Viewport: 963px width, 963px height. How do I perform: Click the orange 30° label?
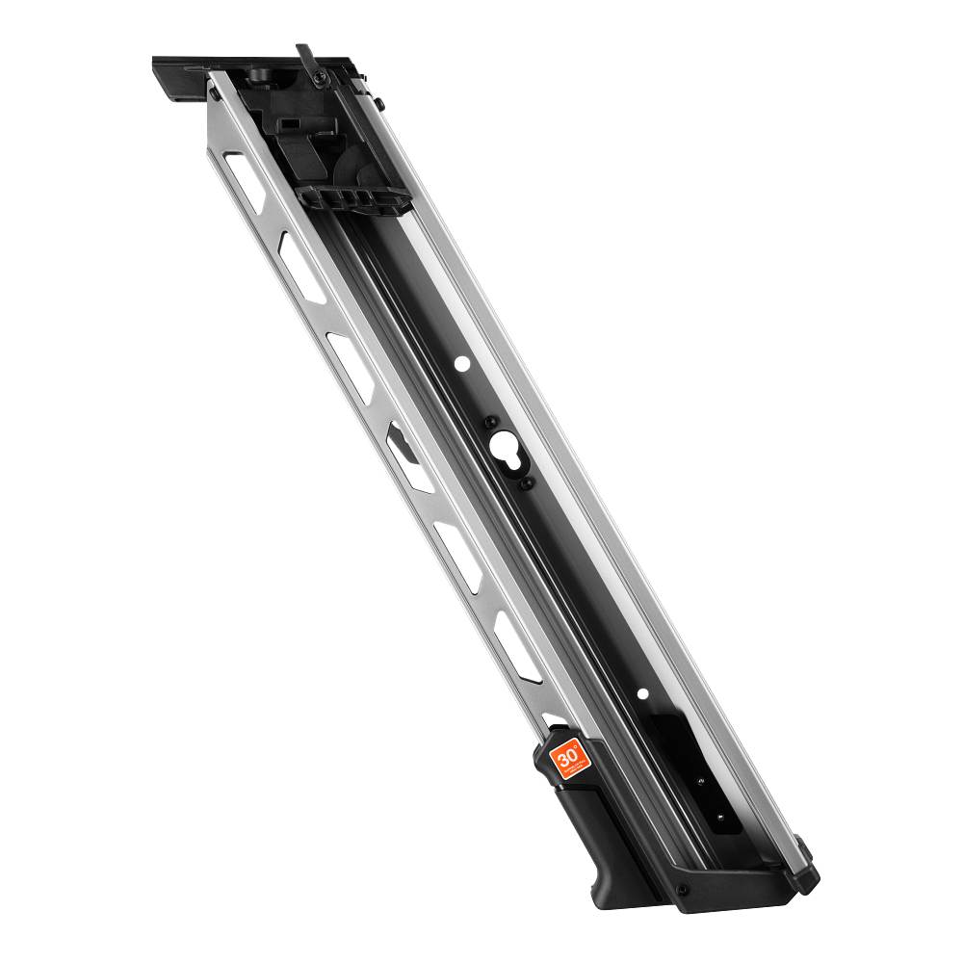[566, 758]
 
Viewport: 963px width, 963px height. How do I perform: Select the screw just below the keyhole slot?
[527, 483]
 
